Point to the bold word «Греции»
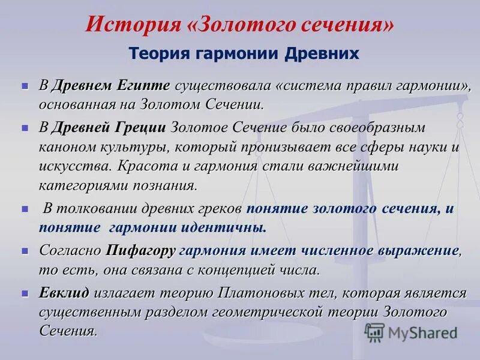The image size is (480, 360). (x=142, y=127)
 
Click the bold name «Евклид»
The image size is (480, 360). (x=64, y=293)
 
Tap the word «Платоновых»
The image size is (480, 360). (x=263, y=293)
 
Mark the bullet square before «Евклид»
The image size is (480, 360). (x=25, y=293)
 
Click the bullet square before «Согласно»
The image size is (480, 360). (x=25, y=250)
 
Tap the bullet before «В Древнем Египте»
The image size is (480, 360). (x=25, y=86)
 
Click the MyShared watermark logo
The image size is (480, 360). (x=411, y=332)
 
